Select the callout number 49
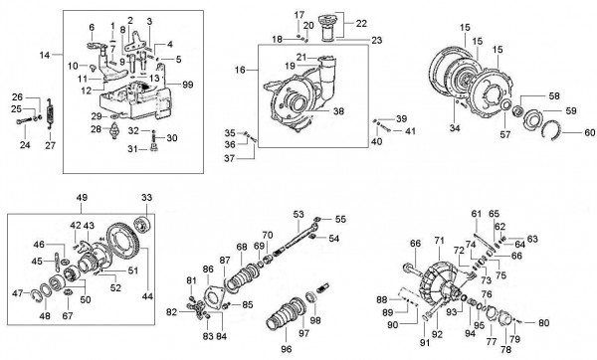coord(81,197)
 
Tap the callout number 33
coord(147,197)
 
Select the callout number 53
coord(298,214)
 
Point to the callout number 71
coord(438,242)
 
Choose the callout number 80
coord(543,323)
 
